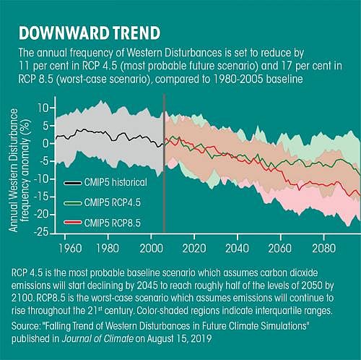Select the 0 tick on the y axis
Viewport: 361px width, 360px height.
[x=44, y=143]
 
